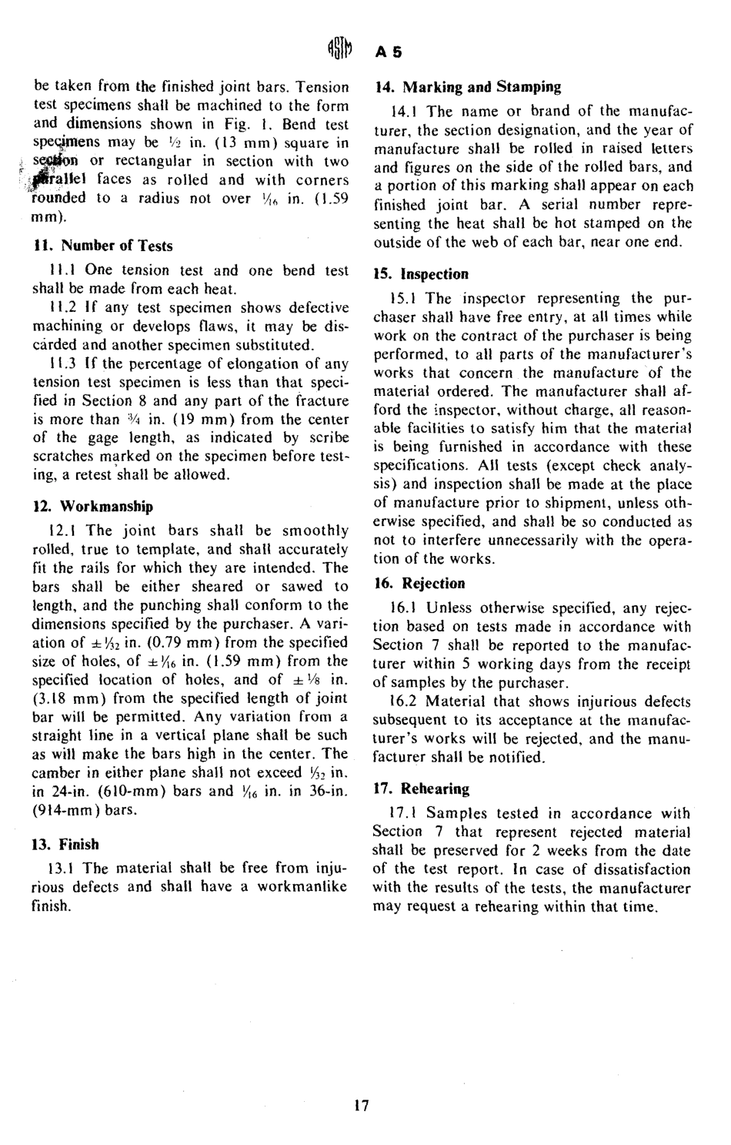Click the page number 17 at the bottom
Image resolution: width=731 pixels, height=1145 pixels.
click(362, 1106)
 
